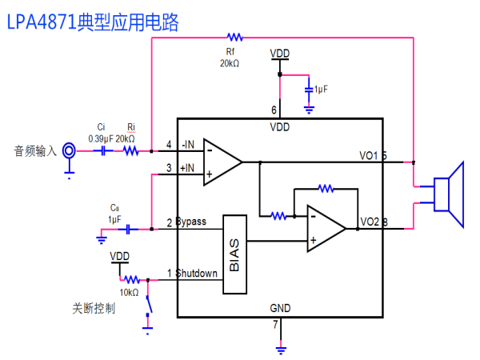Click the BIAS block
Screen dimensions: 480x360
234,254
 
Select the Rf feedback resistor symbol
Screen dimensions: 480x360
234,38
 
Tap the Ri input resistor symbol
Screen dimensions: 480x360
131,151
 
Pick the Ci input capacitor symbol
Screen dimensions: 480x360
103,151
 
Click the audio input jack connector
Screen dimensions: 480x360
69,150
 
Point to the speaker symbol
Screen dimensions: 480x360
449,194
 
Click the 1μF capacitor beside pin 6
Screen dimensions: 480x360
309,90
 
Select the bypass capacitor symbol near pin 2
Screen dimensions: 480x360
128,229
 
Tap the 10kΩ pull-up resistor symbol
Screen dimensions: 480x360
132,279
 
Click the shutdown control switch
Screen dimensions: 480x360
149,306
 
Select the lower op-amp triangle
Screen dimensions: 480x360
326,228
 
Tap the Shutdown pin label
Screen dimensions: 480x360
196,273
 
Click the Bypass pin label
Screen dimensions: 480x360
191,222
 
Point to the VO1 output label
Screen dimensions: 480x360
368,155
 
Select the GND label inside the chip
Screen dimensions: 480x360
280,308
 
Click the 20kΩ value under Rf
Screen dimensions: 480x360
230,63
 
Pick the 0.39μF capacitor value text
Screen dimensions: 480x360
101,139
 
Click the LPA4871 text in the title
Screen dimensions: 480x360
42,22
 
